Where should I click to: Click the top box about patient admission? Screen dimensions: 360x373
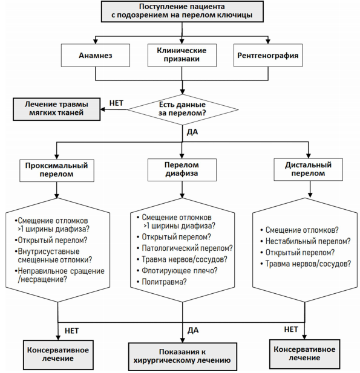pos(182,11)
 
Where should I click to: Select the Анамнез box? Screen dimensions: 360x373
pos(96,55)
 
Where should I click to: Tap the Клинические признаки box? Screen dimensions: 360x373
pos(182,55)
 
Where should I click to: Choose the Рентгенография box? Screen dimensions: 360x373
pos(268,55)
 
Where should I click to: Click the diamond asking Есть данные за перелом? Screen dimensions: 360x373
pos(183,109)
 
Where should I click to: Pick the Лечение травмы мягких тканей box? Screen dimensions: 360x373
pos(56,109)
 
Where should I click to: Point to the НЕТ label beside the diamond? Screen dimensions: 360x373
pos(116,103)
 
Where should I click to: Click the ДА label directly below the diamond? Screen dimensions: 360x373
pos(192,132)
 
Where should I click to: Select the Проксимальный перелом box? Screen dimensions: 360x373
pos(57,170)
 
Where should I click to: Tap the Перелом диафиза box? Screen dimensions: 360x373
pos(182,170)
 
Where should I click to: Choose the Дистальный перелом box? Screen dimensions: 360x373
pos(308,169)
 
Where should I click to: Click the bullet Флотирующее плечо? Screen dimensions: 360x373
pos(177,270)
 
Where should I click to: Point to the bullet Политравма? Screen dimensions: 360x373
pos(162,282)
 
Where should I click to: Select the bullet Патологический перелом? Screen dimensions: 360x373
pos(185,248)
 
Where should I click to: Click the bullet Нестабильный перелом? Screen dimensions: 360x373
pos(306,241)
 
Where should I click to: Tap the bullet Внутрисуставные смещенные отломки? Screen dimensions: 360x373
pos(53,256)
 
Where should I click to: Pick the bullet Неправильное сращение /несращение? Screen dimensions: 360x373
pos(59,275)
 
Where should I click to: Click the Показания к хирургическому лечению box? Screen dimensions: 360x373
pos(182,356)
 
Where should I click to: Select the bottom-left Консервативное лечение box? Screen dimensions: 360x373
pos(58,354)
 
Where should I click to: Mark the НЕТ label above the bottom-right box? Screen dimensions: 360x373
pos(291,329)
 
